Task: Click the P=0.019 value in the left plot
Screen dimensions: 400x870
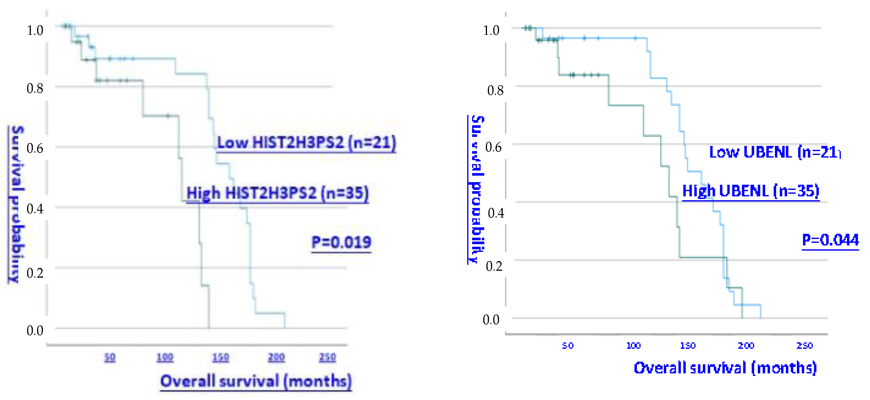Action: coord(341,242)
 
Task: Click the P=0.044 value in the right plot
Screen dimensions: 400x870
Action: coord(830,240)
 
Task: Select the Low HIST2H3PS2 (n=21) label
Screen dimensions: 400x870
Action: coord(306,142)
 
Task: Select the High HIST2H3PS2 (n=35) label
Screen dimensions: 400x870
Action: coord(277,193)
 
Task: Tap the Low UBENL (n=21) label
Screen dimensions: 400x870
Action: coord(774,152)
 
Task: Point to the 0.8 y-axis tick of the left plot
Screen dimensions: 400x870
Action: coord(35,89)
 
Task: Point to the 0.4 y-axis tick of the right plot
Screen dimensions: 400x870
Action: coord(496,213)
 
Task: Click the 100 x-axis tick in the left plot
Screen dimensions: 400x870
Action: coord(165,357)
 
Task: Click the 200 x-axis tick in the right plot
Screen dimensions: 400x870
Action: coord(746,346)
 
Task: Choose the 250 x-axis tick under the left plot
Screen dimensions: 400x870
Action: coord(327,357)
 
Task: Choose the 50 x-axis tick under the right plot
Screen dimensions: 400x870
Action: coord(568,346)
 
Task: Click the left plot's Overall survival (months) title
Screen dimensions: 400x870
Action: coord(256,381)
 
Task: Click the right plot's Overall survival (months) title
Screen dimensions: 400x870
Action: coord(725,368)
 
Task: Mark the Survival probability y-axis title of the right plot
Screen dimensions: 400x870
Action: coord(476,189)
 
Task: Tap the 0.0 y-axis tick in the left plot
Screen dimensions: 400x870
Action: coord(35,330)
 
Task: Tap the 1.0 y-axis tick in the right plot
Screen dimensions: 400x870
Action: coord(491,30)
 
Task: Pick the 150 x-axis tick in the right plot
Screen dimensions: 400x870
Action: coord(687,346)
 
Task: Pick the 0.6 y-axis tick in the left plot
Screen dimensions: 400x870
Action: coord(35,148)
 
